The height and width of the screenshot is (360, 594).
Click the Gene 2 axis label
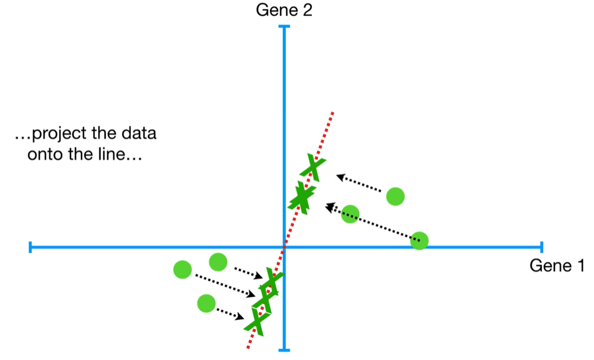pyautogui.click(x=284, y=10)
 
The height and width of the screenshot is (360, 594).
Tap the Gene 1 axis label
pyautogui.click(x=556, y=266)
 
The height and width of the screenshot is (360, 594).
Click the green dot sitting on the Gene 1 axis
pyautogui.click(x=419, y=242)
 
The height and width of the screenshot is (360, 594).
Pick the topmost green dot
pyautogui.click(x=395, y=196)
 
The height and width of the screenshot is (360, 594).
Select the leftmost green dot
pyautogui.click(x=182, y=269)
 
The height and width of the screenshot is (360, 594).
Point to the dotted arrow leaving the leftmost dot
pyautogui.click(x=224, y=285)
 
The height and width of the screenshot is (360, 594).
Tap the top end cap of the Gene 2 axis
pyautogui.click(x=284, y=26)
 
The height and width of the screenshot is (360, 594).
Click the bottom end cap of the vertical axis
pyautogui.click(x=284, y=350)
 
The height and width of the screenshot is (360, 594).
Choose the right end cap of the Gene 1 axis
pyautogui.click(x=541, y=247)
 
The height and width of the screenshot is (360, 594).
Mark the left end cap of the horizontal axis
pyautogui.click(x=30, y=247)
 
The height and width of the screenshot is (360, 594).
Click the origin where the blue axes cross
pyautogui.click(x=284, y=247)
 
